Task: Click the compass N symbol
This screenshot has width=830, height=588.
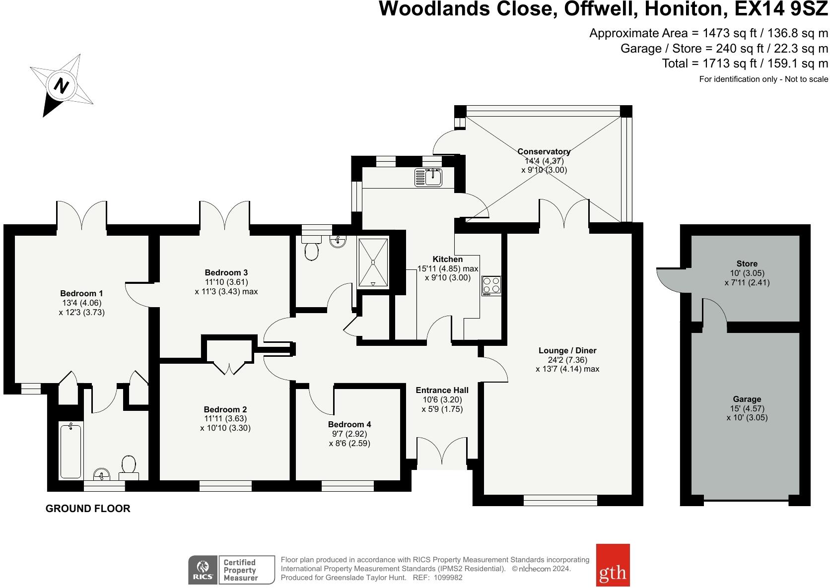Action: (61, 85)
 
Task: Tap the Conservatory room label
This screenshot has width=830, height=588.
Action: (544, 151)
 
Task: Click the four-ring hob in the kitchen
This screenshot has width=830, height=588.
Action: (491, 286)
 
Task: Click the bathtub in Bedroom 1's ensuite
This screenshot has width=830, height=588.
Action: (70, 451)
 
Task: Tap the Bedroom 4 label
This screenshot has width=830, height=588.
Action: (349, 424)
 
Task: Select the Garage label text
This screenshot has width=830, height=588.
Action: (747, 399)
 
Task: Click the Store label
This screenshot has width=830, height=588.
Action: (747, 263)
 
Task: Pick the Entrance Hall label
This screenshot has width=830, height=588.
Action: (442, 390)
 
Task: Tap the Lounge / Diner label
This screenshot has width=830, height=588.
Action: (567, 350)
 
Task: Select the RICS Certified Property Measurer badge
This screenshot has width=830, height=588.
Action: (231, 570)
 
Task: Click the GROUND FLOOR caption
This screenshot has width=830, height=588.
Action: (88, 509)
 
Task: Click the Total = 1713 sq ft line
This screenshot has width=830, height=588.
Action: (745, 64)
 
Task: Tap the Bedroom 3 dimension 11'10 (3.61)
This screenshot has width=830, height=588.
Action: (226, 282)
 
